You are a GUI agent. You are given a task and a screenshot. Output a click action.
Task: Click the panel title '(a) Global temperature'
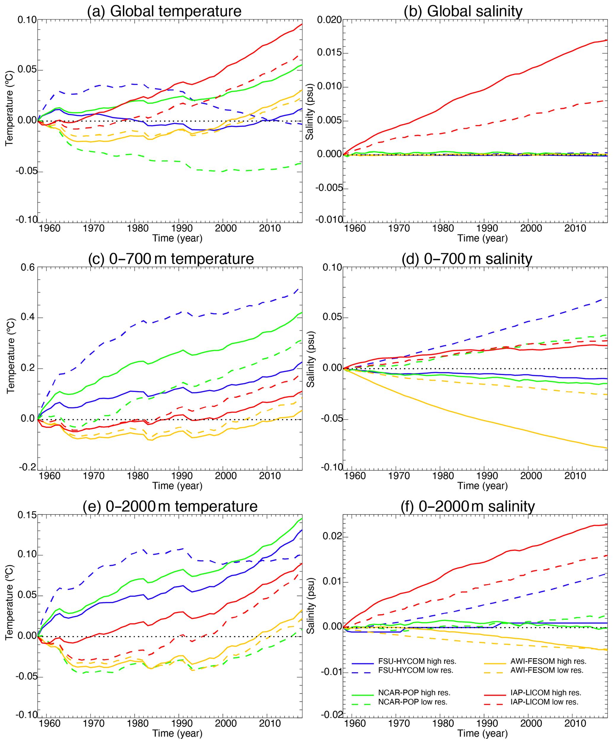pyautogui.click(x=164, y=11)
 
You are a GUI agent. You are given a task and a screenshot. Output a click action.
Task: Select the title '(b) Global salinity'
pyautogui.click(x=463, y=11)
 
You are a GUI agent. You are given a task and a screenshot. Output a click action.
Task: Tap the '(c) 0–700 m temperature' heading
pyautogui.click(x=171, y=259)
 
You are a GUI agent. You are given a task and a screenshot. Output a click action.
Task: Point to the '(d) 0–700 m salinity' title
pyautogui.click(x=466, y=259)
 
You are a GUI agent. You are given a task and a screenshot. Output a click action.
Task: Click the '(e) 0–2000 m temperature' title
pyautogui.click(x=170, y=506)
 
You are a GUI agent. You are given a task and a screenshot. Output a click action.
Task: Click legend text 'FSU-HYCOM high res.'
pyautogui.click(x=417, y=661)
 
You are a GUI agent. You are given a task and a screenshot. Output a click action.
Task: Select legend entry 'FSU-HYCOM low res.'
pyautogui.click(x=415, y=670)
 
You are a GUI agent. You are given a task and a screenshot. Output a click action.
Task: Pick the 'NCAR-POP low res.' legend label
pyautogui.click(x=413, y=702)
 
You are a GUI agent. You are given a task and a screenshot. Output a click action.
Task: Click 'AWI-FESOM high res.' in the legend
pyautogui.click(x=548, y=661)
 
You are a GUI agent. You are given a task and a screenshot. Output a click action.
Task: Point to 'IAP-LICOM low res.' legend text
pyautogui.click(x=544, y=702)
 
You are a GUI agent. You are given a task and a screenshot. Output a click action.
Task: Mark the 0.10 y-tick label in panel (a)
pyautogui.click(x=27, y=20)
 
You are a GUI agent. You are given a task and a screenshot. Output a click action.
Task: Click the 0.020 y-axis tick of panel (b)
pyautogui.click(x=329, y=20)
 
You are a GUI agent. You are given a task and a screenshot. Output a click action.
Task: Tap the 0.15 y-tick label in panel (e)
pyautogui.click(x=27, y=515)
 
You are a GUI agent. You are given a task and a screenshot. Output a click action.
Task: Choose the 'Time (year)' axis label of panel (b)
pyautogui.click(x=482, y=238)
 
